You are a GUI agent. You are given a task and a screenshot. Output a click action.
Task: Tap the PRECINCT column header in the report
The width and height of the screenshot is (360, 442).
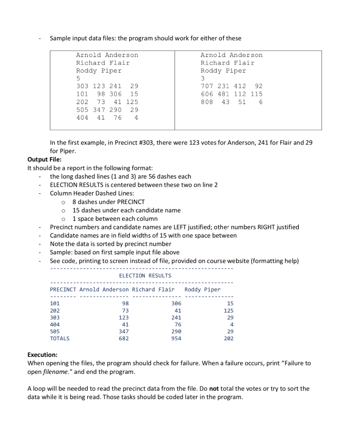tap(63, 289)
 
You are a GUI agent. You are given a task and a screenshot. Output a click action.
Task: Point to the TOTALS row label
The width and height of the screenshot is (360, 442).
tap(60, 338)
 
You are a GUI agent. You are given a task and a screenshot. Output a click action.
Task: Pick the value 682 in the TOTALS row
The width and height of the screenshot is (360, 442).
tap(123, 338)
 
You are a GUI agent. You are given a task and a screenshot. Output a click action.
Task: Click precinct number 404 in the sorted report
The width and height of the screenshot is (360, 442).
tap(55, 324)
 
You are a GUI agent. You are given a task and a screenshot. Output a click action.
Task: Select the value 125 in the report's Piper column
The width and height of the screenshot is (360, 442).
tap(228, 310)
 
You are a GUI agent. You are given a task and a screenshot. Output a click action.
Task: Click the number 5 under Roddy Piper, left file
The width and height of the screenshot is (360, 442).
tap(78, 78)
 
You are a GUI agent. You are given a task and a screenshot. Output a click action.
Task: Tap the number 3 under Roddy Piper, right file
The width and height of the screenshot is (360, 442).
tap(202, 78)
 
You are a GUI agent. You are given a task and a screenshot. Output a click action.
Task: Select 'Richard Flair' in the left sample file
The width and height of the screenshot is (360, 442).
tap(103, 63)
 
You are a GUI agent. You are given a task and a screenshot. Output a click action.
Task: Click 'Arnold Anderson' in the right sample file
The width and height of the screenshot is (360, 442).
tap(231, 55)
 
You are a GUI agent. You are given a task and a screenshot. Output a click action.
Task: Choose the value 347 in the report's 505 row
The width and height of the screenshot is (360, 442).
tap(123, 331)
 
